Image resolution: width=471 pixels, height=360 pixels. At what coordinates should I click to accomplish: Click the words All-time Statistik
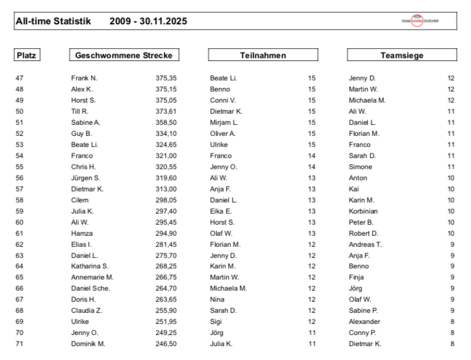(53, 21)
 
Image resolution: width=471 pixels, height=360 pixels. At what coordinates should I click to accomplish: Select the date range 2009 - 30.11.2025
(148, 21)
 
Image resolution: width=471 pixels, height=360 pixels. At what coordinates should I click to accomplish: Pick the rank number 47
(20, 78)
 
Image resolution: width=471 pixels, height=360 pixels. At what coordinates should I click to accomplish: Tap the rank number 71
(20, 344)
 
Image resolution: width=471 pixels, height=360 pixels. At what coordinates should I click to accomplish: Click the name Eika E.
(221, 211)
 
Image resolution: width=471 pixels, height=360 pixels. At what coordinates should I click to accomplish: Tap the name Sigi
(216, 322)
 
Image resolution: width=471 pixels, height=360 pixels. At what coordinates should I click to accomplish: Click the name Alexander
(364, 322)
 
